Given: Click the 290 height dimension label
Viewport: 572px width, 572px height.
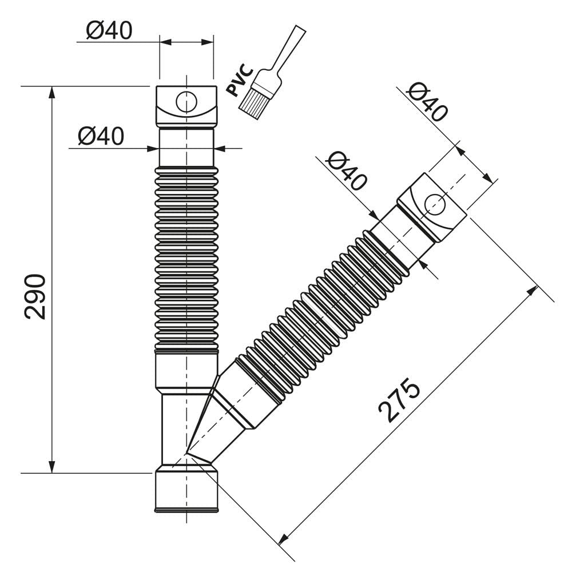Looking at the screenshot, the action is click(x=35, y=297).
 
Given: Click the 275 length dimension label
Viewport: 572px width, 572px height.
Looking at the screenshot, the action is click(x=399, y=400).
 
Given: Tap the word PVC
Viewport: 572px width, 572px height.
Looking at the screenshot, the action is click(x=239, y=80).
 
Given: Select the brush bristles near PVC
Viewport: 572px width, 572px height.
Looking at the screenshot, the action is click(x=255, y=102).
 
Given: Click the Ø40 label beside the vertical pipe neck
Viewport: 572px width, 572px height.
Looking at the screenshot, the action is click(x=101, y=136).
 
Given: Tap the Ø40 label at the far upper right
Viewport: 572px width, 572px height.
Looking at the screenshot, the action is click(x=427, y=102).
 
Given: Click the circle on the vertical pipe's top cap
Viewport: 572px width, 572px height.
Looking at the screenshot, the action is click(x=186, y=102).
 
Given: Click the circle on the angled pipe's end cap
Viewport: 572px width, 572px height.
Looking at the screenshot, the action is click(x=435, y=205).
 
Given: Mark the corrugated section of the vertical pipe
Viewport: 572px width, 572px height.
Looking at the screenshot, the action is click(x=186, y=259).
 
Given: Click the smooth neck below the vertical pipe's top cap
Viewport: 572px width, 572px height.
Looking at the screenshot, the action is click(x=186, y=147).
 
